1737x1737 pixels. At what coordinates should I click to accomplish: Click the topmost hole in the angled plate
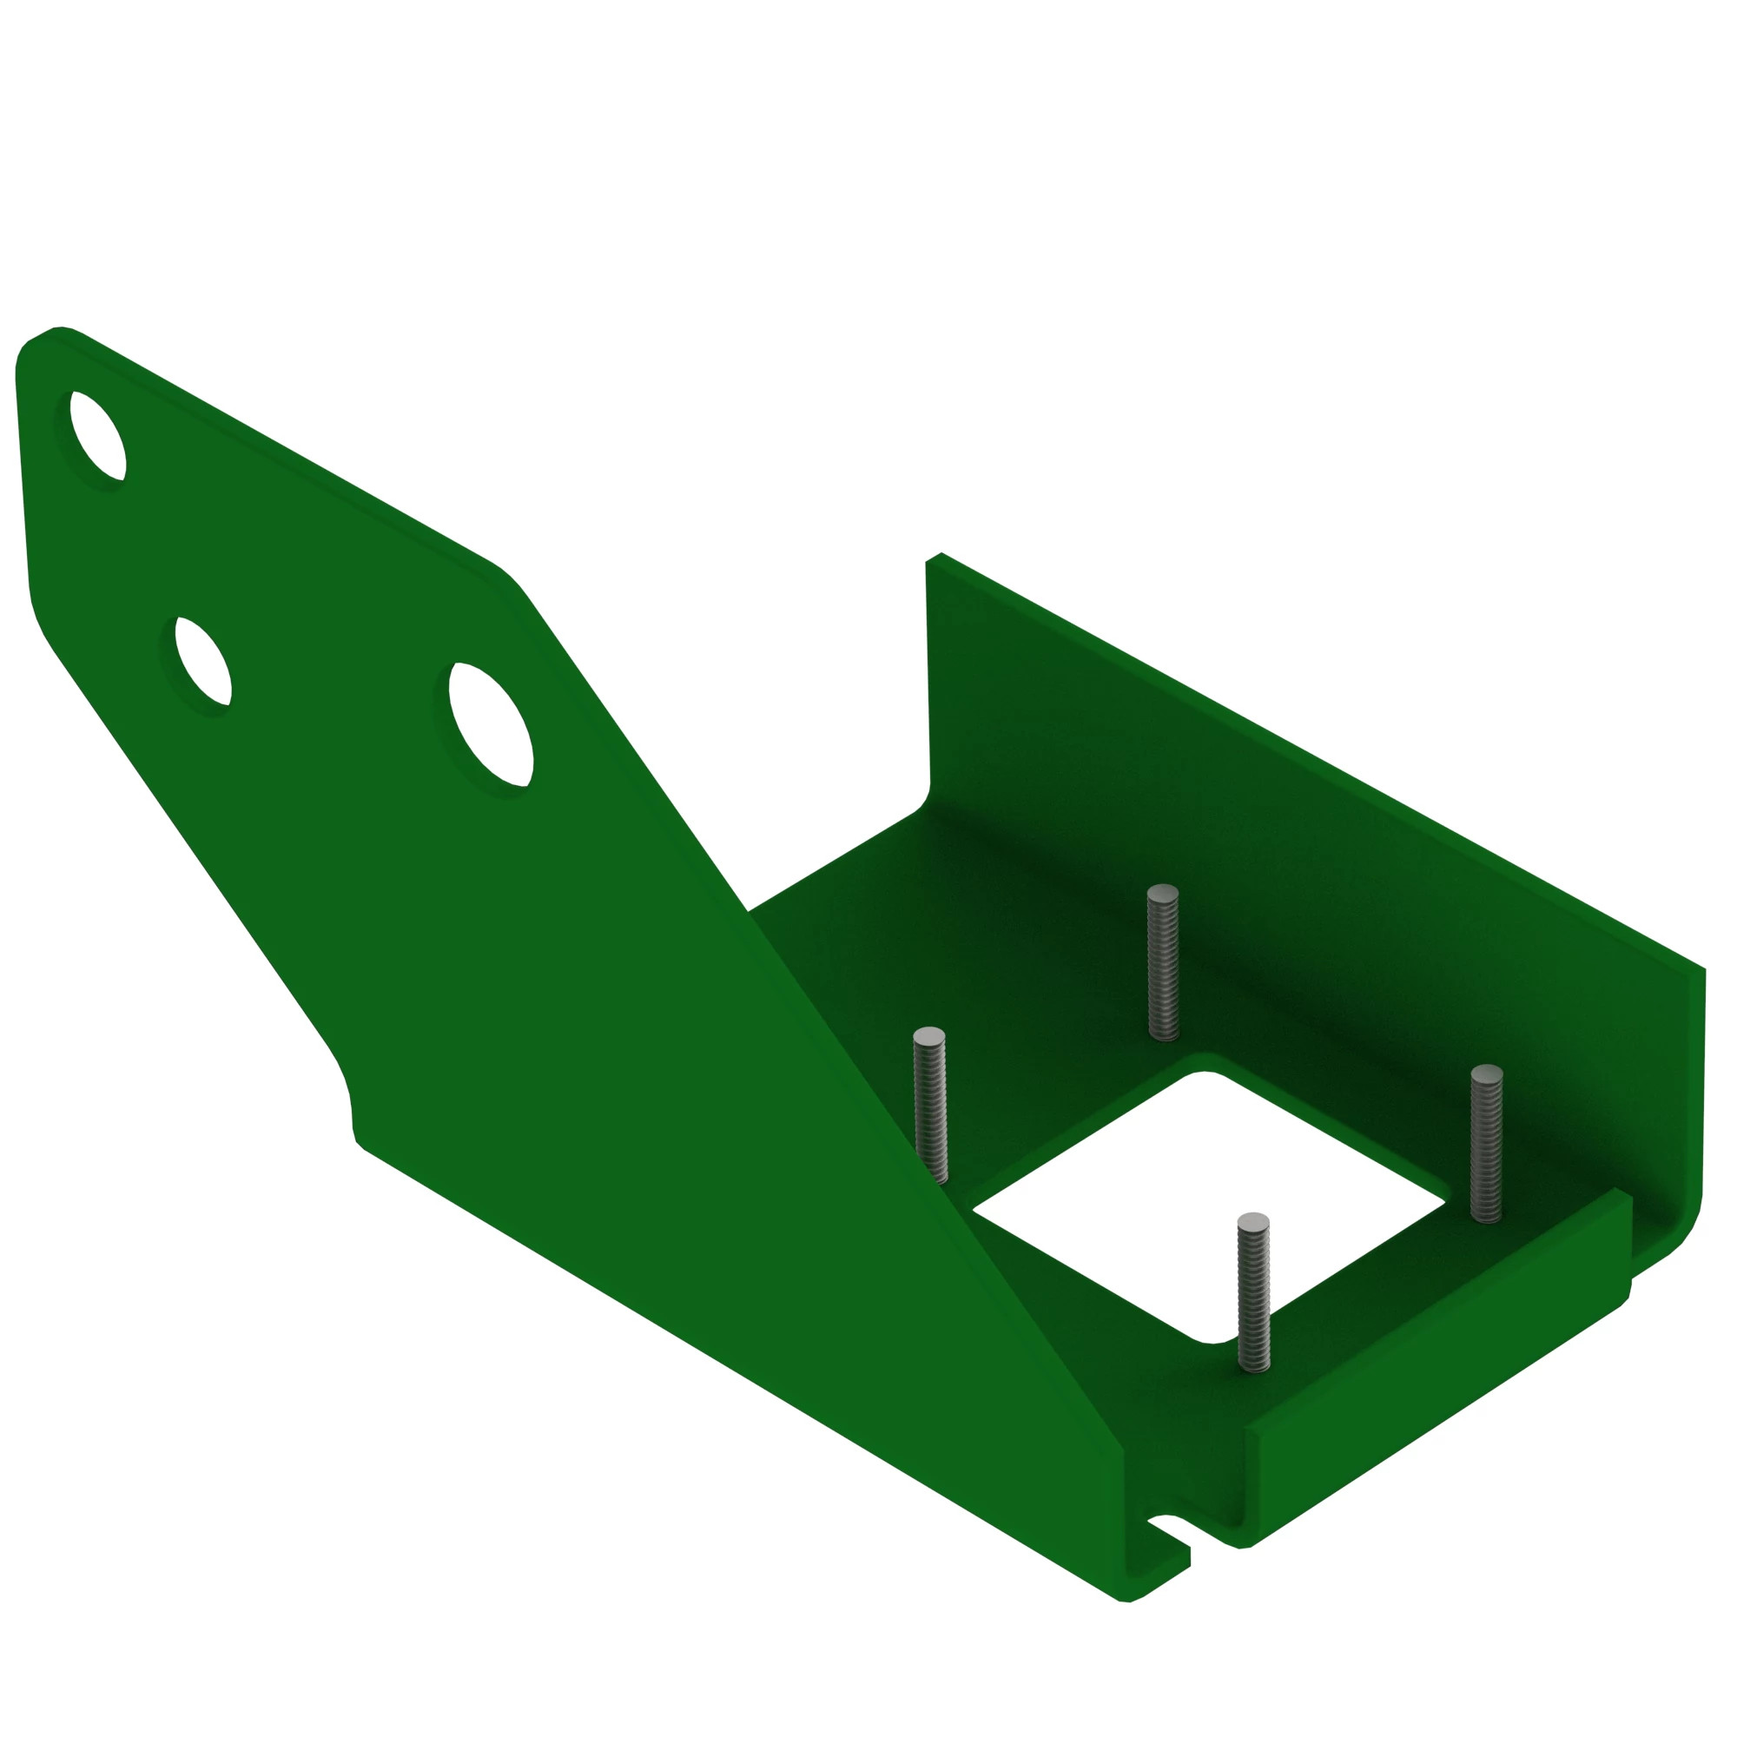tap(98, 436)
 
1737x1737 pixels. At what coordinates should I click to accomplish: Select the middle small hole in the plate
tap(203, 661)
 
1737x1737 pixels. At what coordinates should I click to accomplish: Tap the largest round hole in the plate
tap(491, 724)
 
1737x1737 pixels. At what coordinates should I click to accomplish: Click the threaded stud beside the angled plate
tap(929, 1106)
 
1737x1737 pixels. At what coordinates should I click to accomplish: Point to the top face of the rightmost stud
tap(1486, 1073)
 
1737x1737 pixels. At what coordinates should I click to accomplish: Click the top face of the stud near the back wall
tap(1163, 892)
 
